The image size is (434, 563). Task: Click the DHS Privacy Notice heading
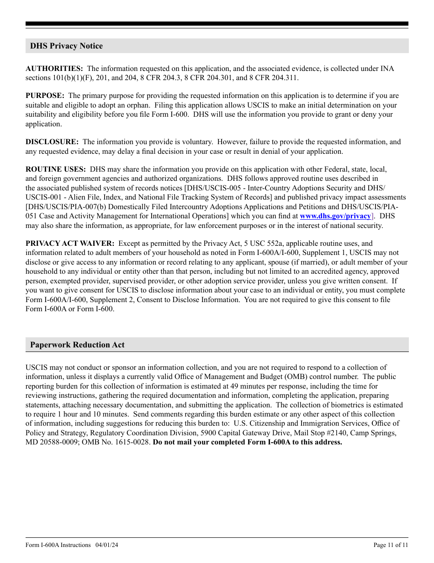pos(66,46)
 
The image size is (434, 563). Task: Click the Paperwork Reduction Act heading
pos(77,345)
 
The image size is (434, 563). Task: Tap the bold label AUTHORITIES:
pos(54,68)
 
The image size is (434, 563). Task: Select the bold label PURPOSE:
pos(45,96)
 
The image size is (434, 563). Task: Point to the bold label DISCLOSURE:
pos(52,142)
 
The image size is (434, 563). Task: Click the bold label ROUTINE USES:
pos(55,169)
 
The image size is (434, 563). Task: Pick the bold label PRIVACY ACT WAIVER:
pos(70,244)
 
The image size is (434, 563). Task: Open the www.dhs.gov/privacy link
pos(335,216)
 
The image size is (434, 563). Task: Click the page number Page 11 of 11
pos(391,545)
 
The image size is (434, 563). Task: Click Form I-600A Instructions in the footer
pos(58,545)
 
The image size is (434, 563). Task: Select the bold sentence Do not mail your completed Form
pos(247,442)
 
